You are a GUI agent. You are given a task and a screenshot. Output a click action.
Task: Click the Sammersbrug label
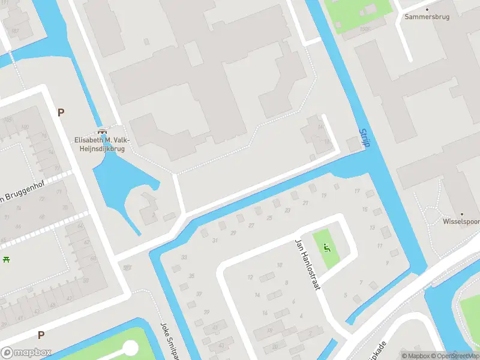(427, 17)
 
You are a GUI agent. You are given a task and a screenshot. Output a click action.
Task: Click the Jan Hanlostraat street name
(308, 264)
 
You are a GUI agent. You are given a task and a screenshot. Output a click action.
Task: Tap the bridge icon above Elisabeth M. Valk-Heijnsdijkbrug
(101, 131)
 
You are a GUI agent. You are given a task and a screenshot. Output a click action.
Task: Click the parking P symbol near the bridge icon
(61, 112)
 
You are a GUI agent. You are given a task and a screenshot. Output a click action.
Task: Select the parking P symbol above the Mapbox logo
(41, 335)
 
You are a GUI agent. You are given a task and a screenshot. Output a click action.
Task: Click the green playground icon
(326, 247)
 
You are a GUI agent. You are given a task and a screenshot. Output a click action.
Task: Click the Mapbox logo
(26, 353)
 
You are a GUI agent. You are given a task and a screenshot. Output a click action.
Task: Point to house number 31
(215, 241)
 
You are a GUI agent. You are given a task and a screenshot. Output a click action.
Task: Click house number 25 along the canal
(269, 217)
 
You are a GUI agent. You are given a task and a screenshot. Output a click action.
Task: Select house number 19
(324, 196)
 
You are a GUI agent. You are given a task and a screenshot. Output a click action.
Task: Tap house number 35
(191, 276)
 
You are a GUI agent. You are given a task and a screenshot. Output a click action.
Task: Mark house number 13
(373, 228)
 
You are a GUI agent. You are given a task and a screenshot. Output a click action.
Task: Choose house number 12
(250, 277)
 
